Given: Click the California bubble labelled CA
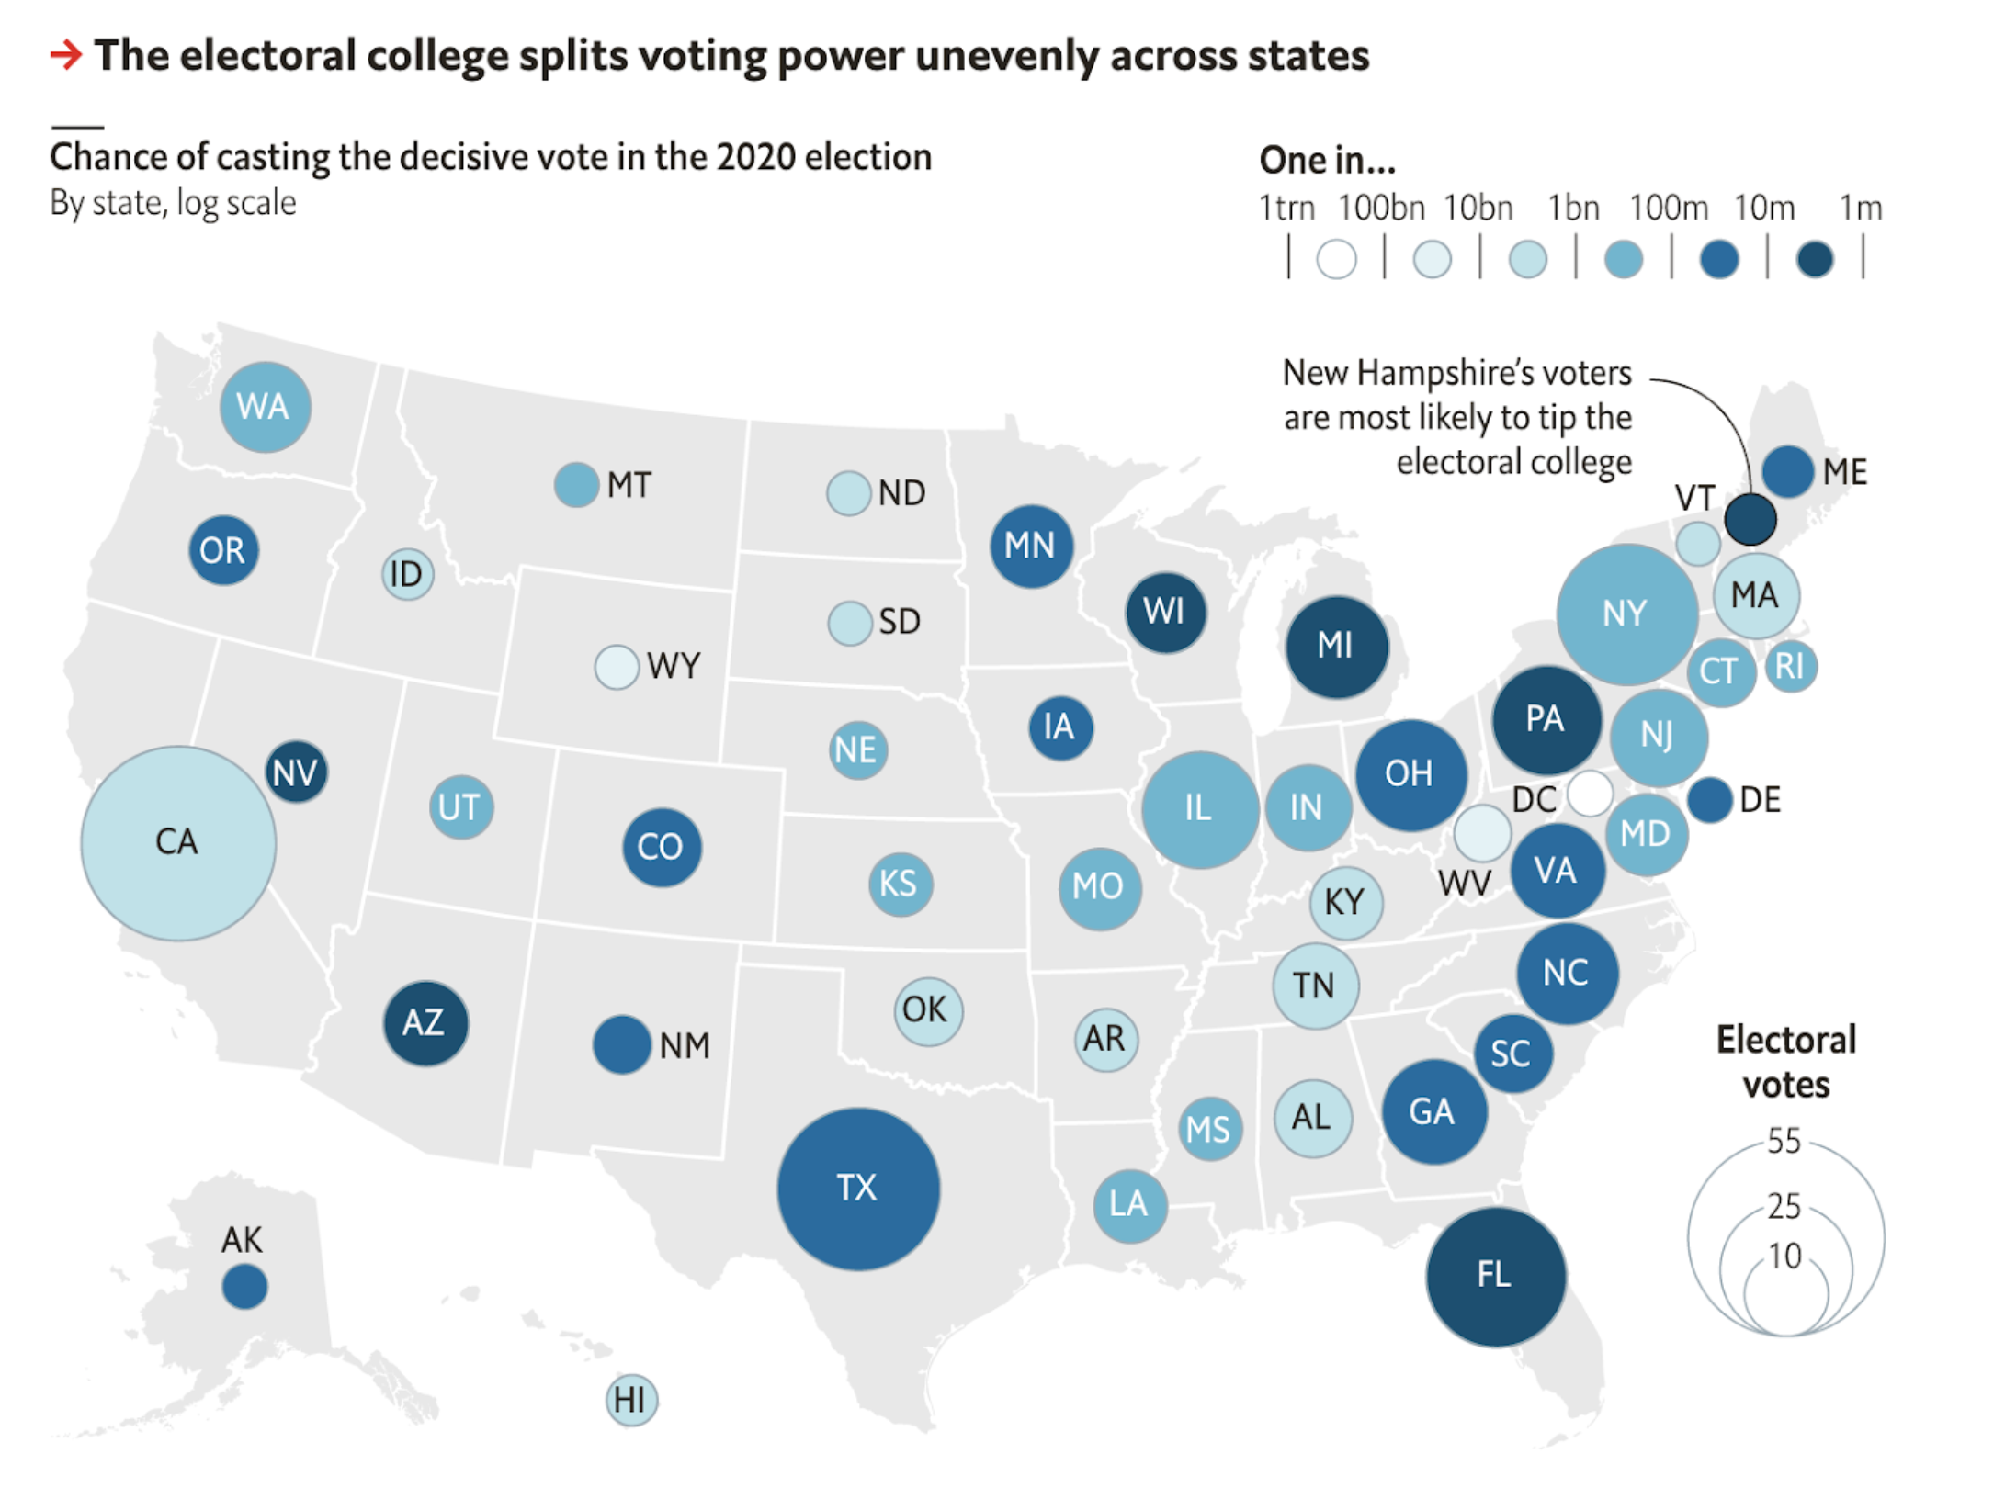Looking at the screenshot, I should click(x=178, y=842).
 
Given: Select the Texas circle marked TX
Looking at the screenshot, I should click(x=858, y=1189).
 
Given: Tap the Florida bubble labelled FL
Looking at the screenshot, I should click(x=1495, y=1276).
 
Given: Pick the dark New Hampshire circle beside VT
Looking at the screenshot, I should click(x=1750, y=519).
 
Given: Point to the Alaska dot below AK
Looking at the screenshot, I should click(x=244, y=1286).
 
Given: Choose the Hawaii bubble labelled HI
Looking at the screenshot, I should click(x=631, y=1400).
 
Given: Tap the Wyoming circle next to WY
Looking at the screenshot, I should click(x=616, y=667).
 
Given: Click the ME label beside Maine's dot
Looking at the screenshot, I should click(x=1845, y=472).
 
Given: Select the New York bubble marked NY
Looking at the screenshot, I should click(x=1626, y=614).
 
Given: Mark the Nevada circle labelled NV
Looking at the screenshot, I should click(x=296, y=772).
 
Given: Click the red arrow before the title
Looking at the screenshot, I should click(x=66, y=55).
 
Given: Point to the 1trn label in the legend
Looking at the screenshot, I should click(x=1286, y=209).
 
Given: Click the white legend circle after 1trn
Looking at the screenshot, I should click(x=1336, y=259).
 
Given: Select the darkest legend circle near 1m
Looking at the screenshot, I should click(x=1815, y=259).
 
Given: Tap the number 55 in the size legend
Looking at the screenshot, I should click(x=1784, y=1141).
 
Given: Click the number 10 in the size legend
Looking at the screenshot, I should click(x=1784, y=1256).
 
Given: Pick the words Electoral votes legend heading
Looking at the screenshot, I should click(x=1786, y=1062).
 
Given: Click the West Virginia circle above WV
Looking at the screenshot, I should click(x=1481, y=832).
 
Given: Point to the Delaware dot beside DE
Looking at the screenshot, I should click(x=1710, y=800).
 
